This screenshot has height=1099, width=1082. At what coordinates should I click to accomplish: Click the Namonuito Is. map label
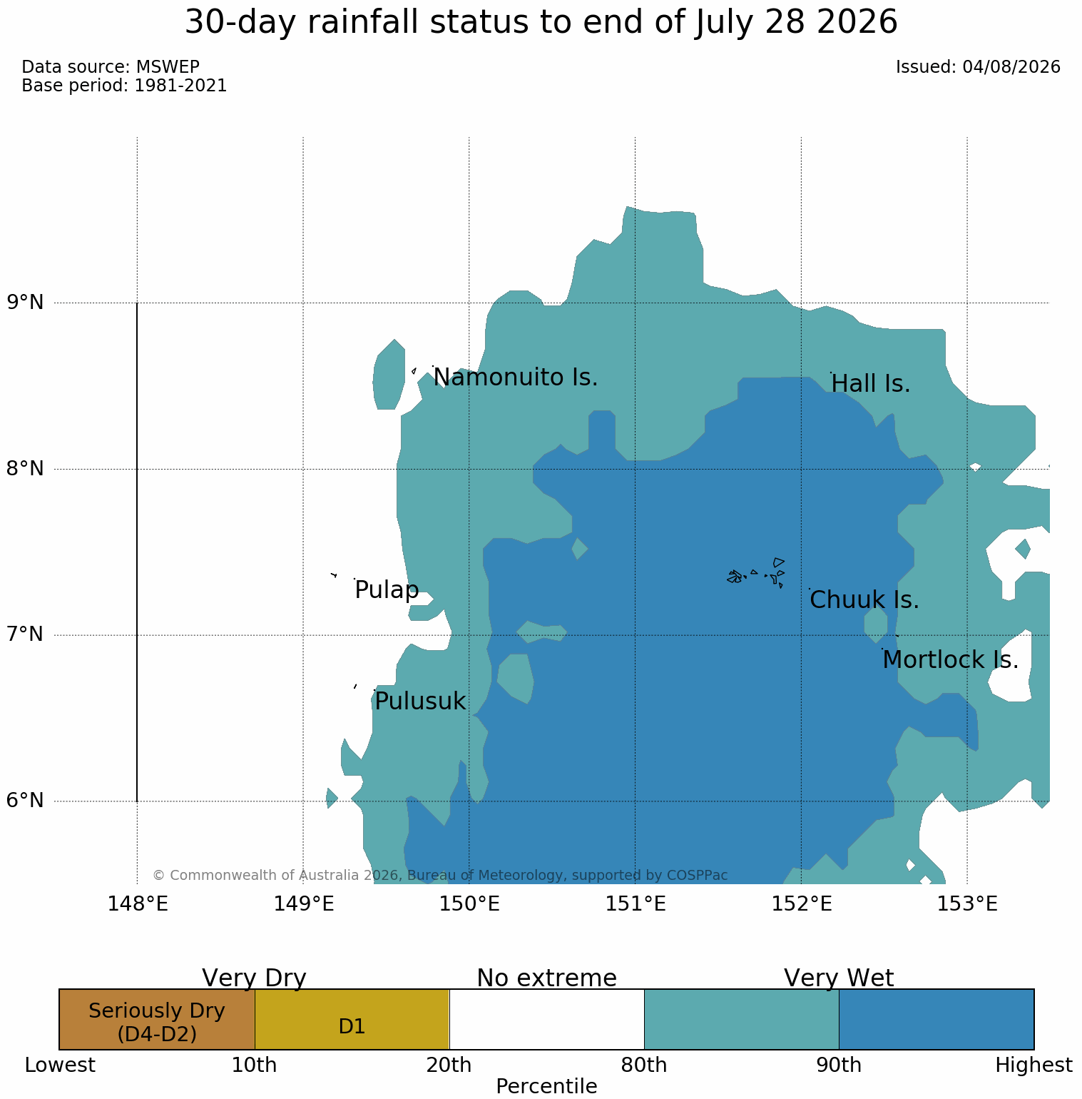click(x=515, y=377)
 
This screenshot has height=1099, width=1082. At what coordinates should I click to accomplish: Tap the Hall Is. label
click(x=871, y=384)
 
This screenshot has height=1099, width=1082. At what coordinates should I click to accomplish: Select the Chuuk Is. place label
click(x=864, y=600)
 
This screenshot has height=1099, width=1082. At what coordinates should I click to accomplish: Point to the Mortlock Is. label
click(x=950, y=660)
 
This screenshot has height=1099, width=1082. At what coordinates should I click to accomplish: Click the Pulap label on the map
click(x=387, y=591)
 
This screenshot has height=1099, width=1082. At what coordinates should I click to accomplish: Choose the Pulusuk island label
click(x=420, y=702)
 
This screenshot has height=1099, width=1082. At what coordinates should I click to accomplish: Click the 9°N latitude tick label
click(x=26, y=303)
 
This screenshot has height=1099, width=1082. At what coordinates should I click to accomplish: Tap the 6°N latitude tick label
click(x=26, y=801)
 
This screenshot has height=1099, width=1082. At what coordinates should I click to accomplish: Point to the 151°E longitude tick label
click(x=636, y=904)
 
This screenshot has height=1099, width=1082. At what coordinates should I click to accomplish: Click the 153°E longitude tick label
click(x=967, y=904)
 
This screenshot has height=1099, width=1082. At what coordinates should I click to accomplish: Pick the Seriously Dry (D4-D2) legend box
click(x=157, y=1019)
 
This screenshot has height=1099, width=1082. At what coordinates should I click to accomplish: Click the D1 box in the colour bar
click(x=352, y=1019)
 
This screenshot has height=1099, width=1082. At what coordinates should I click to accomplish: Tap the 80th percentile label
click(x=644, y=1065)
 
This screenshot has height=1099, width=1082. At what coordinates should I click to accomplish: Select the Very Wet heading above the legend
click(x=839, y=978)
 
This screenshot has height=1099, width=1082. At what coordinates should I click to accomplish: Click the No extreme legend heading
click(x=546, y=978)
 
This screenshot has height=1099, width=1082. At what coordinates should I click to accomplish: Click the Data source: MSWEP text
click(x=111, y=67)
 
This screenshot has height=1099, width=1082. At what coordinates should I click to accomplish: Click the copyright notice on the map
click(x=440, y=875)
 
